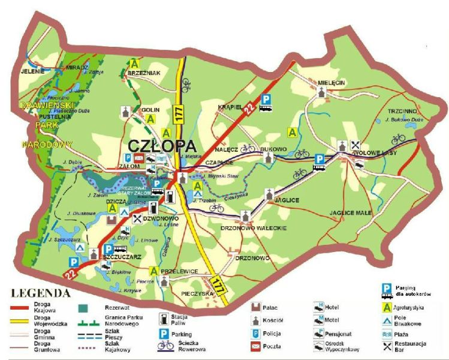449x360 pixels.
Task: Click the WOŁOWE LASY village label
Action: point(377,153)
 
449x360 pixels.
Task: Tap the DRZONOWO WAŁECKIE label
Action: point(254,228)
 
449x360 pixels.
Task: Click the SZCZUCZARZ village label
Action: point(122,257)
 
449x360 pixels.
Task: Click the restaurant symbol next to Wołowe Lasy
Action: point(355,143)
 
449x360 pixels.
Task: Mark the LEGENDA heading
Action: point(41,293)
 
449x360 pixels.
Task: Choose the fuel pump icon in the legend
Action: point(162,318)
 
